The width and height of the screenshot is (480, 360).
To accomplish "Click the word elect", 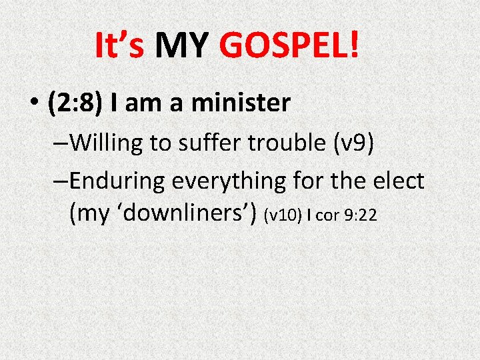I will pos(400,181).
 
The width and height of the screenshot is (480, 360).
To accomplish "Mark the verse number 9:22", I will pos(361,215).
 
